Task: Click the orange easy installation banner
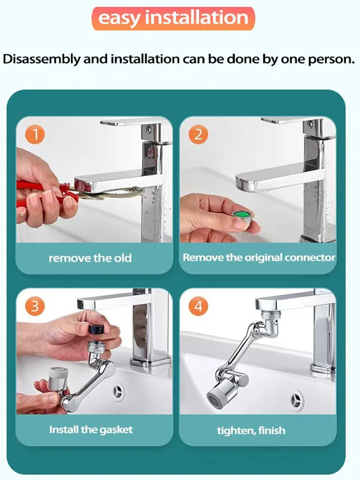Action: pyautogui.click(x=174, y=19)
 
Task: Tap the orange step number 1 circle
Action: pyautogui.click(x=35, y=134)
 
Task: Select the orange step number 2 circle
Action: pyautogui.click(x=198, y=134)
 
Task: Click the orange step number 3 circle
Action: pyautogui.click(x=35, y=306)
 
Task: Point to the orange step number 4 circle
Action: pyautogui.click(x=198, y=306)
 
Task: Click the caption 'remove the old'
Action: pyautogui.click(x=90, y=258)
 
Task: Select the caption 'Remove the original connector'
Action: pyautogui.click(x=259, y=257)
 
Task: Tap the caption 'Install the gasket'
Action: pyautogui.click(x=91, y=430)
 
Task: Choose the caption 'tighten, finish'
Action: pyautogui.click(x=251, y=431)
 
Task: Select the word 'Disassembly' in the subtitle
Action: pyautogui.click(x=41, y=59)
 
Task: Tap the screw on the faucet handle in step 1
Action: pyautogui.click(x=149, y=130)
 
